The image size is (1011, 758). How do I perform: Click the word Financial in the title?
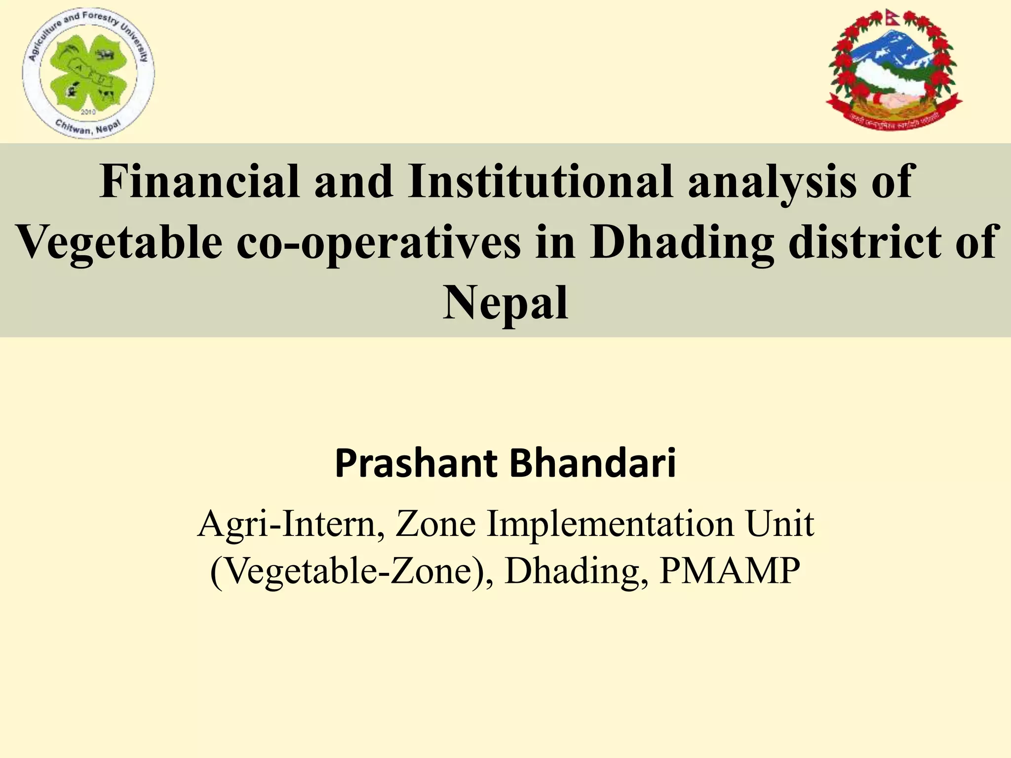point(199,182)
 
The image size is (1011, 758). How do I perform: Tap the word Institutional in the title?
point(541,182)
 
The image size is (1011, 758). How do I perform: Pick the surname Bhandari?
point(592,464)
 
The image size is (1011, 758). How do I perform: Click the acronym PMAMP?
point(730,571)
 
